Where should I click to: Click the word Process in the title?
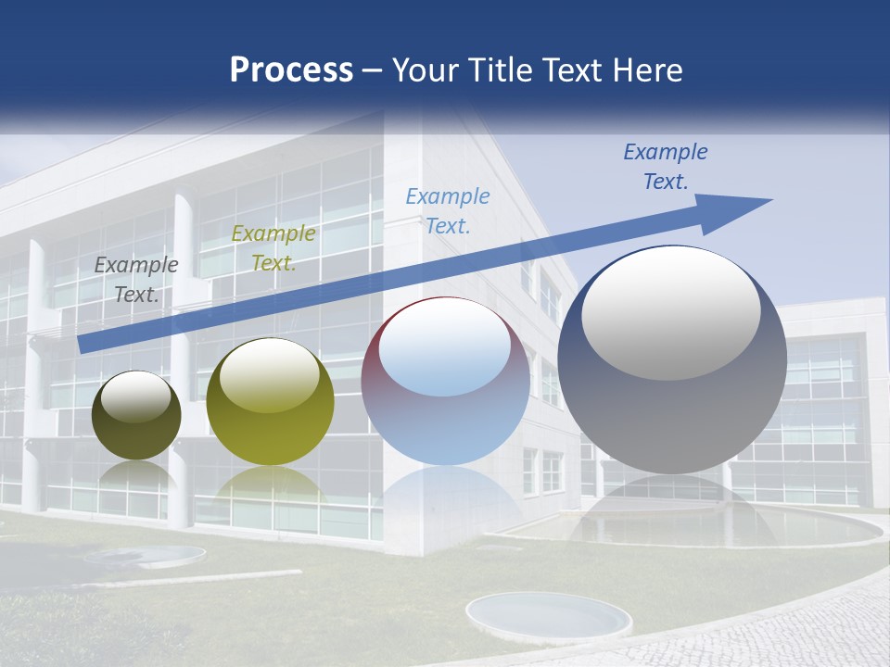(x=291, y=70)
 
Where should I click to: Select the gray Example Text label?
(x=136, y=280)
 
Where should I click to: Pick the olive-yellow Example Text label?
(x=273, y=248)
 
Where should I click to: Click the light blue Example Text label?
(x=448, y=210)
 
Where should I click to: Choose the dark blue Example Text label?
(x=666, y=167)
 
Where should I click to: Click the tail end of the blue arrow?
(x=85, y=344)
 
